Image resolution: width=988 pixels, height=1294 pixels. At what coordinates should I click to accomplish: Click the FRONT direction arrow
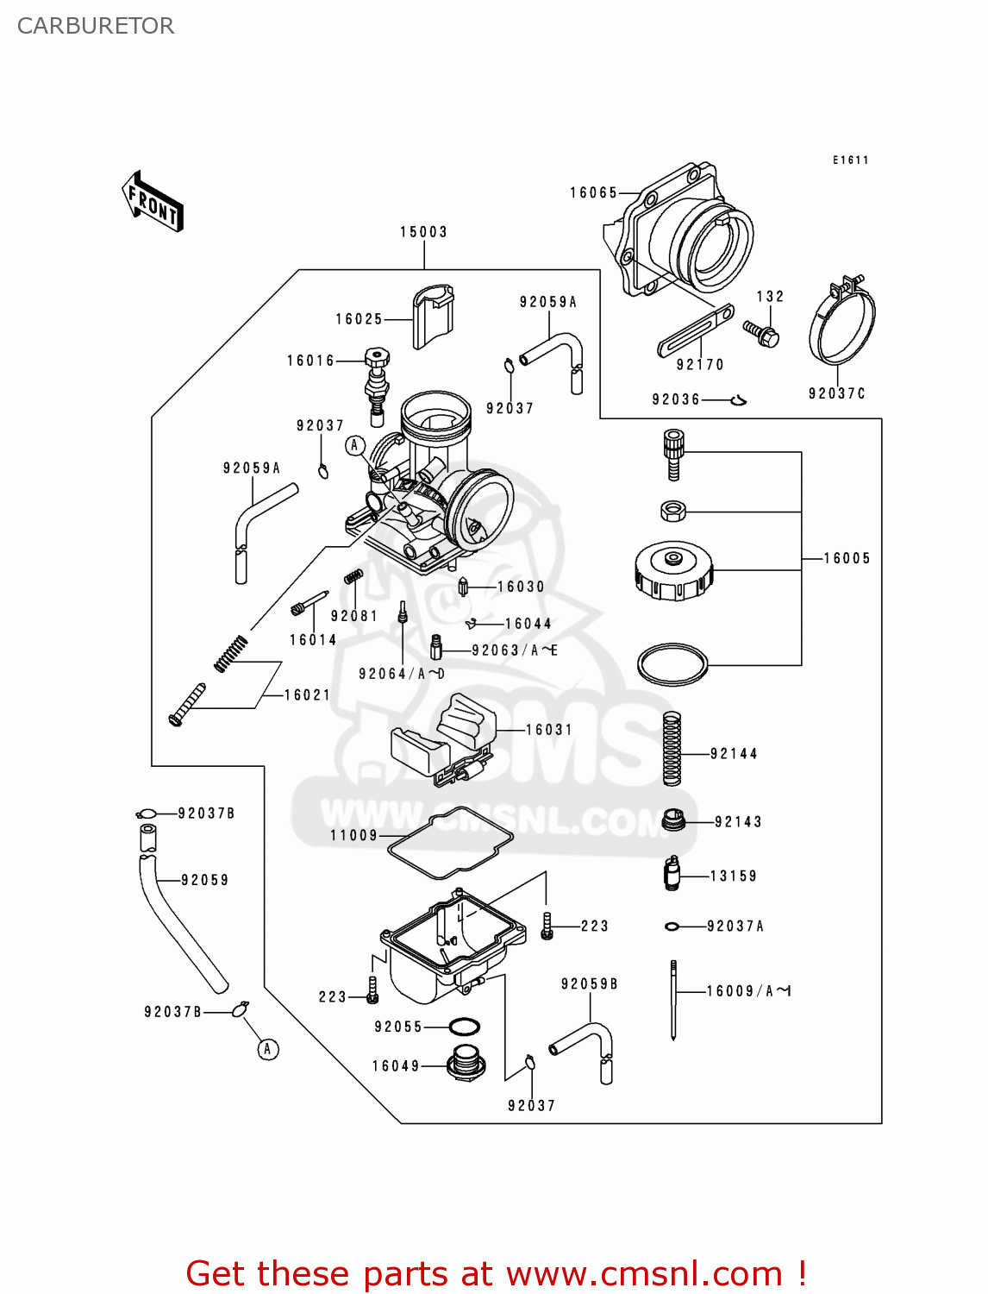pos(153,202)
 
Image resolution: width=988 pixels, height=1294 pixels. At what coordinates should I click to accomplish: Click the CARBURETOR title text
pos(96,26)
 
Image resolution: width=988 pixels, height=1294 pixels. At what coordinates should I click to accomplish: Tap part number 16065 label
pos(593,193)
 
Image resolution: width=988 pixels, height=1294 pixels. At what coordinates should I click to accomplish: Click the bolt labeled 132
pos(762,333)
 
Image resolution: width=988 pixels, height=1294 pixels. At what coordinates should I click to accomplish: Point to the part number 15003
pos(423,232)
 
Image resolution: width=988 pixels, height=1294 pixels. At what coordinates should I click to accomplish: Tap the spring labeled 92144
pos(672,748)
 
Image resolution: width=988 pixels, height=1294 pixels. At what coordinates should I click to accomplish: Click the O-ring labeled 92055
pos(465,1027)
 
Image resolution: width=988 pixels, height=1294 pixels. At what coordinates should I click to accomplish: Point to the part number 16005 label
pos(847,559)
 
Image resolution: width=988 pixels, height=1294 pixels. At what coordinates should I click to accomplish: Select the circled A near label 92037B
pos(268,1049)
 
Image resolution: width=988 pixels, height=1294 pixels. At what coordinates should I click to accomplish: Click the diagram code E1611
pos(850,160)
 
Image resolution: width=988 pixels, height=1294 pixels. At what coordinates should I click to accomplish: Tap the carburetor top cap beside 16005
pos(674,571)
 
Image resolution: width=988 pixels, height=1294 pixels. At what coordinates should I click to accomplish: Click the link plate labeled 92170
pos(695,330)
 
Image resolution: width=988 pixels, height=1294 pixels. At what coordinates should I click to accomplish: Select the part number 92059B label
pos(589,984)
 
